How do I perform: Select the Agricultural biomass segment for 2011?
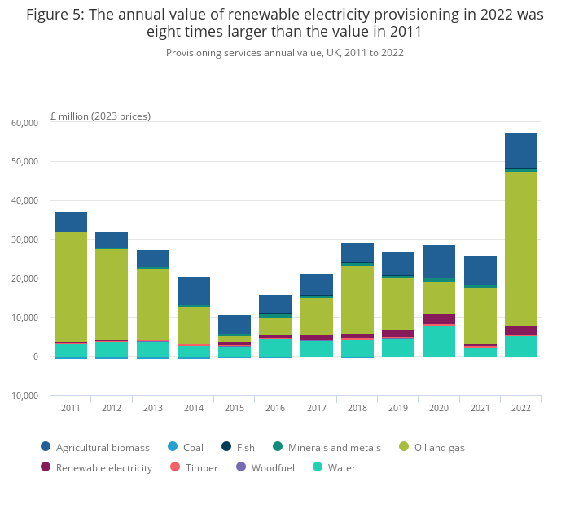[x=71, y=222]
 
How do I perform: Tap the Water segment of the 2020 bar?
[x=439, y=340]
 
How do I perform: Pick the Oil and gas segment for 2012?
[x=112, y=294]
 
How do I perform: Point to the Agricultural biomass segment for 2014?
[x=194, y=291]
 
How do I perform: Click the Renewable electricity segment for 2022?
[x=521, y=330]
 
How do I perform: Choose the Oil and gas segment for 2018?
[x=357, y=300]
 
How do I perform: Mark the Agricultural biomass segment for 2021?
[x=480, y=271]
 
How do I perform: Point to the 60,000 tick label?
[x=24, y=122]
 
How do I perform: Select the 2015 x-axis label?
[x=235, y=408]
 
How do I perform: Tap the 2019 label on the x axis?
[x=398, y=408]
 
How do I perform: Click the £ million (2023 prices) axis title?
[x=100, y=116]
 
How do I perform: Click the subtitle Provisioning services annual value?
[x=285, y=53]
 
